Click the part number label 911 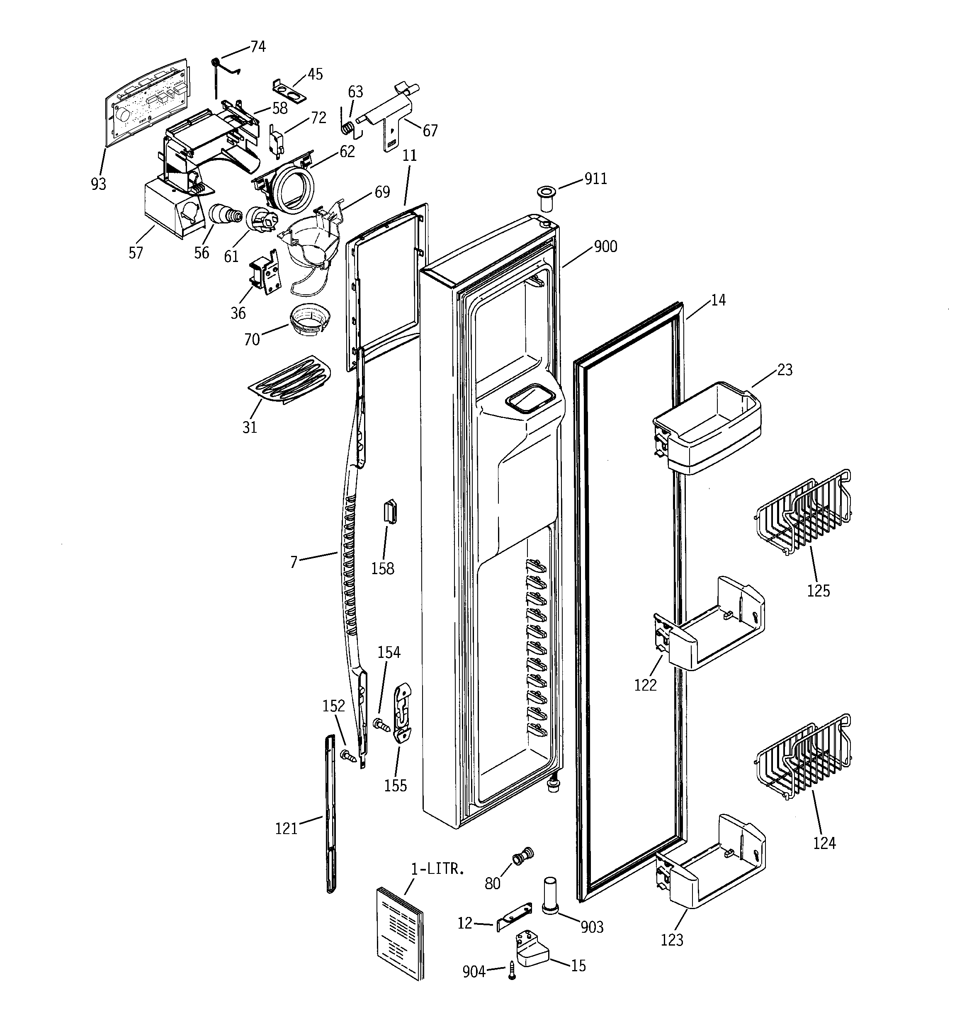click(x=595, y=179)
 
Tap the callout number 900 click(x=605, y=246)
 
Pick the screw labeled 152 click(x=348, y=757)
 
